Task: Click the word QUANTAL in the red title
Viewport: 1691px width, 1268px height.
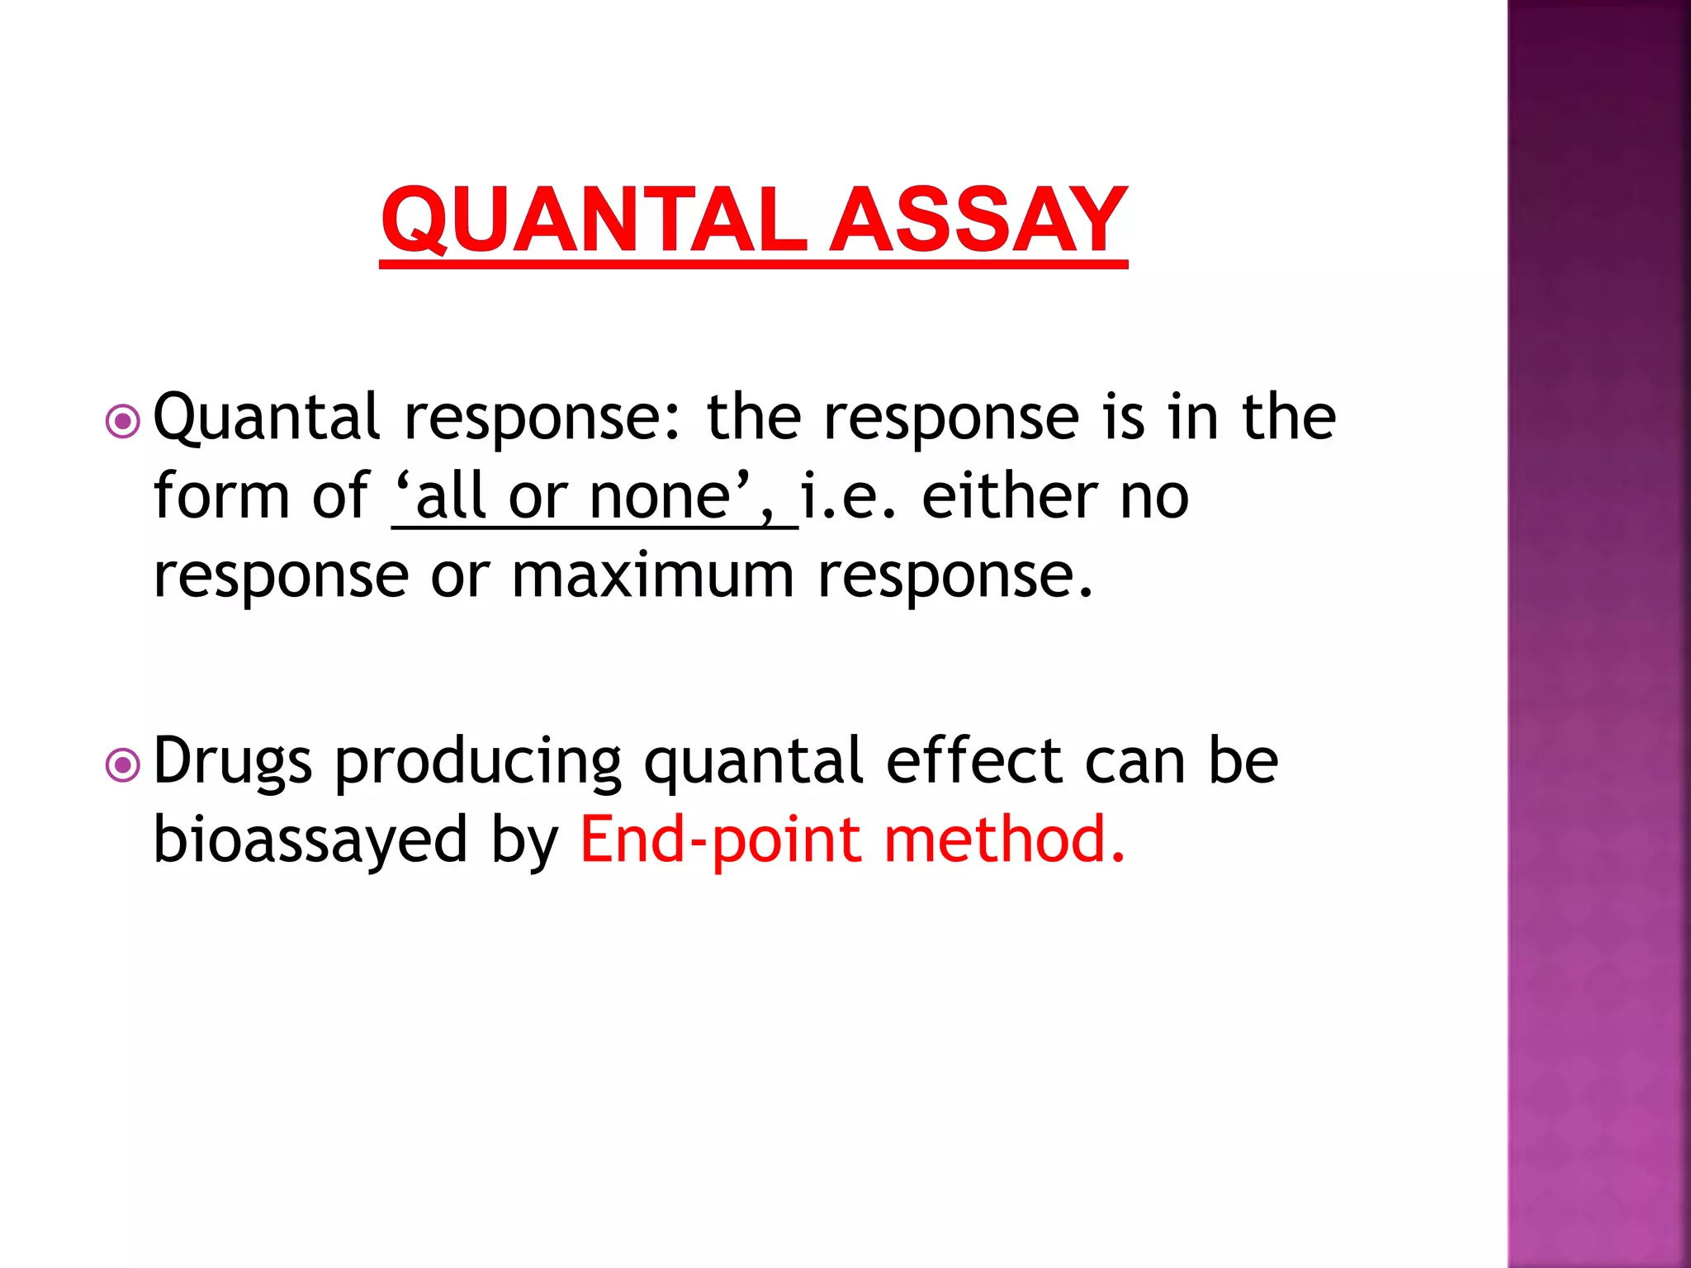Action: click(x=594, y=221)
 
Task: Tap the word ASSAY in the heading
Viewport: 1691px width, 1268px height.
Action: click(x=978, y=221)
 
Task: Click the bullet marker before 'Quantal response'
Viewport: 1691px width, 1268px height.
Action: click(x=123, y=422)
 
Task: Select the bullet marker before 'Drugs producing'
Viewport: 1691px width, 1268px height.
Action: click(x=123, y=765)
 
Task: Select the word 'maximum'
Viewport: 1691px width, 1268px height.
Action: click(x=653, y=575)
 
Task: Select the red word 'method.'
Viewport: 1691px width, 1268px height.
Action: click(x=1004, y=839)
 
